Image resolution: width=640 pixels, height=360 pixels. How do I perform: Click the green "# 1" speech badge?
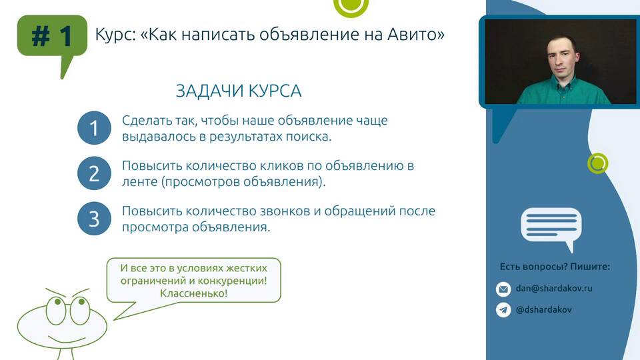[52, 36]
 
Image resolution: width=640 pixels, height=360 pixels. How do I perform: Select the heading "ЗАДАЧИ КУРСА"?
[239, 91]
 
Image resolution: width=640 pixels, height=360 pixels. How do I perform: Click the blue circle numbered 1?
[94, 128]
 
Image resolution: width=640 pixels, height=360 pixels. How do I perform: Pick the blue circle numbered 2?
[94, 173]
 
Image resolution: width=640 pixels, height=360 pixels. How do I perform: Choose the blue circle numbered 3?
[94, 219]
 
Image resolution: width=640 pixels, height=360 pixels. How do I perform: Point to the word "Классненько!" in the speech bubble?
[193, 293]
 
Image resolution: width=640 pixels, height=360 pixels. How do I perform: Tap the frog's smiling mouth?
[67, 339]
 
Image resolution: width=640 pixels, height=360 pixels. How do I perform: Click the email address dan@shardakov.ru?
[554, 288]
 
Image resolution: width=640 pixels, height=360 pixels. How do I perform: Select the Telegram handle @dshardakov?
[544, 310]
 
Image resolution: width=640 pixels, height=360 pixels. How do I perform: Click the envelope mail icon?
[503, 289]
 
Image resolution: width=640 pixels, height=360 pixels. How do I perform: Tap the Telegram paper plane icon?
[503, 310]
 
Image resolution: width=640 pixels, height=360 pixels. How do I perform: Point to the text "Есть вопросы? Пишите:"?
[555, 267]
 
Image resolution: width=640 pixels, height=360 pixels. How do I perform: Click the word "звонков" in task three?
[281, 211]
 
